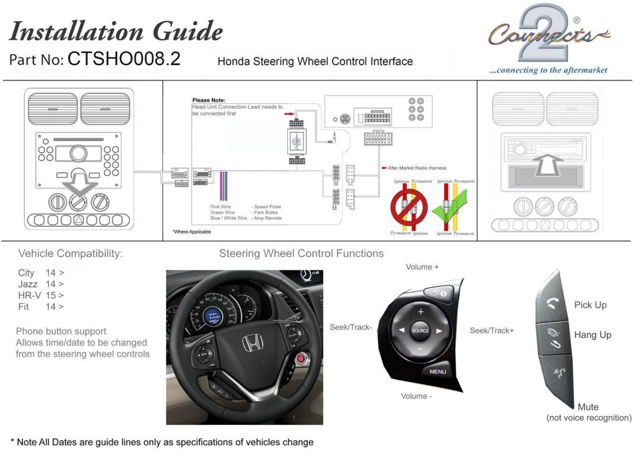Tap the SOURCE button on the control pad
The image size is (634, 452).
coord(420,331)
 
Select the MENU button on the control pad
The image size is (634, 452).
coord(438,372)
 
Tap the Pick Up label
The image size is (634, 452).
coord(591,305)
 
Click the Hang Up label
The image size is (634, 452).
coord(593,335)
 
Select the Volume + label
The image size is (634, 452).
coord(422,267)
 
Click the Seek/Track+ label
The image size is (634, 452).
coord(492,331)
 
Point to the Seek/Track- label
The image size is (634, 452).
coord(350,327)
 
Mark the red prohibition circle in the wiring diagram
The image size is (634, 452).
coord(408,207)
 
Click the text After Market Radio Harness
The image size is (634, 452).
coord(417,168)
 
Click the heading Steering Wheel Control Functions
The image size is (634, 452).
coord(301,253)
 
